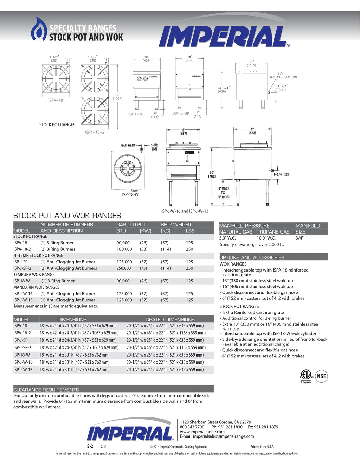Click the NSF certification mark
(x=321, y=376)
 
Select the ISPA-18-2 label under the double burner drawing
(x=95, y=132)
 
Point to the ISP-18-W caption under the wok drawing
(x=130, y=194)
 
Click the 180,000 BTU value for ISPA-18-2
(x=124, y=249)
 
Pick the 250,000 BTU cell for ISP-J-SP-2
(x=124, y=268)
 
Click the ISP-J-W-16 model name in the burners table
(x=23, y=294)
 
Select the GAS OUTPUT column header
(x=131, y=224)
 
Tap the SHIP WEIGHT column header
(x=176, y=224)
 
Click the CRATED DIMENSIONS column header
(x=170, y=319)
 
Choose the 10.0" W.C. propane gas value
(x=266, y=238)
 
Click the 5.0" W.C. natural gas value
(x=227, y=238)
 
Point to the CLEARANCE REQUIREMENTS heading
(x=46, y=390)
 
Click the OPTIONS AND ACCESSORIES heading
(x=252, y=257)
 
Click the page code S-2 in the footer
(x=90, y=446)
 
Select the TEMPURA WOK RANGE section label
(x=34, y=274)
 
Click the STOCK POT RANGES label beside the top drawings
(x=57, y=125)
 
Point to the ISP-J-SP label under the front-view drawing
(x=181, y=114)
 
